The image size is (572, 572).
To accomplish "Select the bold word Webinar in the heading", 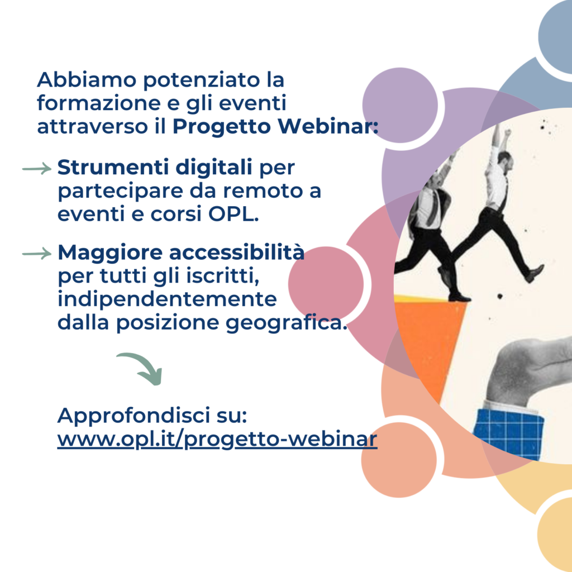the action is [x=327, y=126].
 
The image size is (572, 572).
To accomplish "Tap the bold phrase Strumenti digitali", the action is [x=155, y=168].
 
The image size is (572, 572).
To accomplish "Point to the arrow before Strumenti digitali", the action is [x=37, y=169].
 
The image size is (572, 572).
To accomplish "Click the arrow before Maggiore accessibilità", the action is [x=37, y=253].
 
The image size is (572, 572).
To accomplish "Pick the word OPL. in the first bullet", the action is [x=233, y=214].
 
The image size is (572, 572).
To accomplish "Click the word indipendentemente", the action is [x=168, y=299].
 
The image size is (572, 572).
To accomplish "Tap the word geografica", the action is [x=287, y=322].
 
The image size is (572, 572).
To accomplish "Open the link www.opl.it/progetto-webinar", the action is [x=217, y=439].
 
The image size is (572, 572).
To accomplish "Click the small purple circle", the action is [x=400, y=105].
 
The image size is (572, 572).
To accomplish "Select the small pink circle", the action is [x=326, y=284].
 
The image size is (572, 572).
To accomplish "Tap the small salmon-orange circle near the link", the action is [x=399, y=460].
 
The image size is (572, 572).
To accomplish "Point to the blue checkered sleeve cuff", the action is [x=509, y=433].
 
